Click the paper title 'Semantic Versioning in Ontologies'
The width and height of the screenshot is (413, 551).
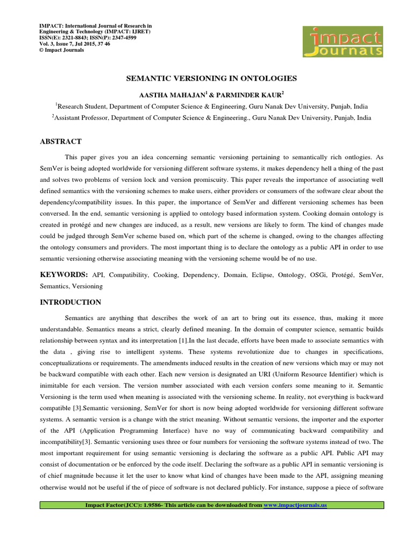(x=211, y=79)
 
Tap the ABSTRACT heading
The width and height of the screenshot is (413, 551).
(x=61, y=142)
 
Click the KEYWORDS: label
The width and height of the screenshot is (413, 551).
(x=65, y=274)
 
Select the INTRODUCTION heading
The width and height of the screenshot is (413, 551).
(x=70, y=302)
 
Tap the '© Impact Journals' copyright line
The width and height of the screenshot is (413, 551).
(x=61, y=50)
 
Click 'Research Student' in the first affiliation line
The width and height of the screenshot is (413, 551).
(x=80, y=107)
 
